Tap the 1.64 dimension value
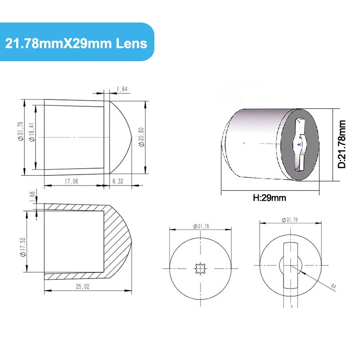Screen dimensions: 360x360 tap(122, 89)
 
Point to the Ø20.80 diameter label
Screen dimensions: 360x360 tap(140, 136)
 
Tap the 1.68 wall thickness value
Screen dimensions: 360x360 tap(32, 197)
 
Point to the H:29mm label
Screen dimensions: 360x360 tap(270, 198)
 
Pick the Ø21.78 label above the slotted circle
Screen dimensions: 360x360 tap(290, 220)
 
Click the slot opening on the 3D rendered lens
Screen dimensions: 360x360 tap(299, 144)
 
